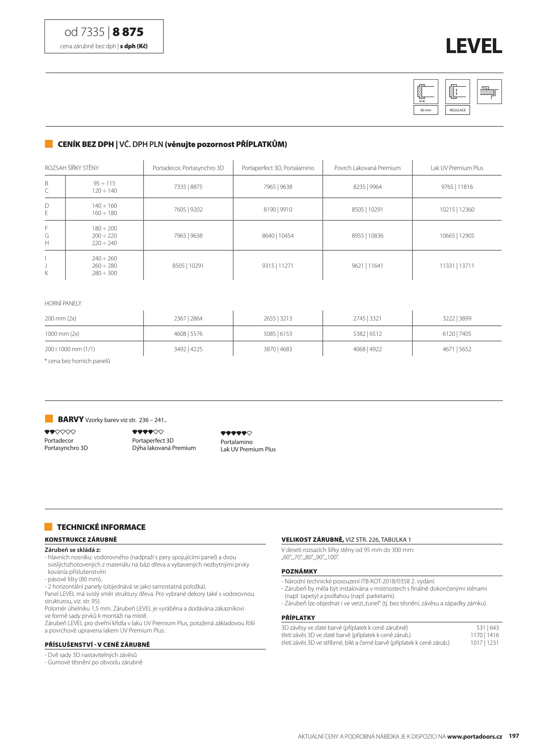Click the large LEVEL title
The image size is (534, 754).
(474, 46)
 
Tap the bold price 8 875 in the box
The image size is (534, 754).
(128, 32)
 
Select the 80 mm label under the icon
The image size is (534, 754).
(425, 110)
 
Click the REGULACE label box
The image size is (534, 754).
(457, 110)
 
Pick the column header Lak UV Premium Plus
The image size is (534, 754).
(457, 168)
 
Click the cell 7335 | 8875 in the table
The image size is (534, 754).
(188, 187)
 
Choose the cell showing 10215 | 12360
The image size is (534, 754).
(457, 209)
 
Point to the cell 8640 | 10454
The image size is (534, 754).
(278, 236)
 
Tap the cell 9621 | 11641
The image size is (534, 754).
(367, 266)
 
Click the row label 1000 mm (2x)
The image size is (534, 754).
(62, 334)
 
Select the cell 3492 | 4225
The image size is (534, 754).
(188, 349)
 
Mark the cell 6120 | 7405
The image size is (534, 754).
(457, 334)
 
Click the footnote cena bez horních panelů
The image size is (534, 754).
(78, 361)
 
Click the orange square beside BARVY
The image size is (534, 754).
(49, 419)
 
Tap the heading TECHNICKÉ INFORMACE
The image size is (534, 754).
(101, 527)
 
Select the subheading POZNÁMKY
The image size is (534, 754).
(299, 571)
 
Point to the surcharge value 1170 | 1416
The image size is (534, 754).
(484, 635)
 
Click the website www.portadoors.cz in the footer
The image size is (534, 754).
(474, 737)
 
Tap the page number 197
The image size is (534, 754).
(514, 736)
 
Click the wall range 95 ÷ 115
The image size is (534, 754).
(104, 183)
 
